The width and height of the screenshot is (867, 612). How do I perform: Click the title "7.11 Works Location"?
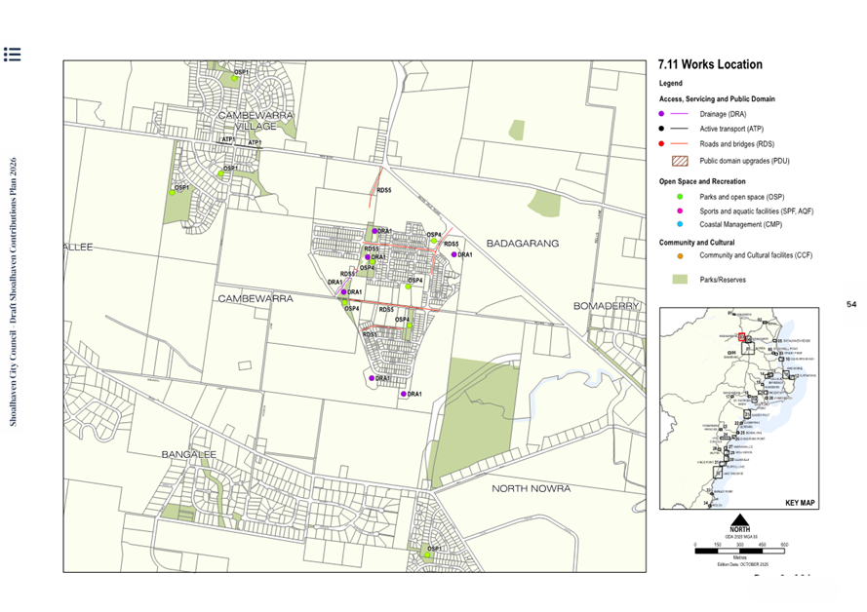click(x=710, y=65)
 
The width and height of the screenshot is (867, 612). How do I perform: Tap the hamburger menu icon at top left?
click(x=12, y=54)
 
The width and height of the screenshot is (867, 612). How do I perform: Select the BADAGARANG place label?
click(x=522, y=244)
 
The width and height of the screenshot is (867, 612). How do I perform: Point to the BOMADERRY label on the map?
click(x=607, y=306)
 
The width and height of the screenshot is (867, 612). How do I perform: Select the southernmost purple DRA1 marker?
click(x=403, y=394)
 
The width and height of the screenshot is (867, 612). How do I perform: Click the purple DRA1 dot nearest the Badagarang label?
click(x=454, y=254)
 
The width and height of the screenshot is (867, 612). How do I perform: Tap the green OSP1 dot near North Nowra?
click(x=426, y=555)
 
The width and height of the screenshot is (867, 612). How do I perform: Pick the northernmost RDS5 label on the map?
click(x=384, y=191)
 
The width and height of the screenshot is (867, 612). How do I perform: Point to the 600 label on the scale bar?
click(x=784, y=545)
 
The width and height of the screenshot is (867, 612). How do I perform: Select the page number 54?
click(x=851, y=305)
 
